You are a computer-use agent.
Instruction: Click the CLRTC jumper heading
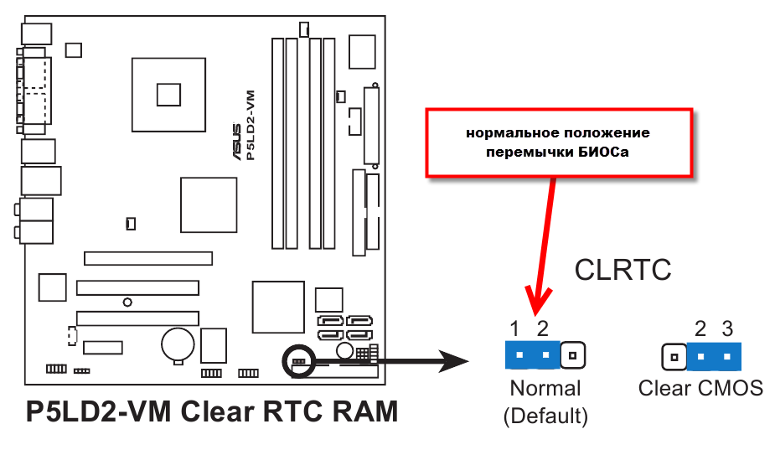tap(623, 270)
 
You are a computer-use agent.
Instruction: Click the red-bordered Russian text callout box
tap(559, 143)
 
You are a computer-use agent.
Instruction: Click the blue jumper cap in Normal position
tap(532, 355)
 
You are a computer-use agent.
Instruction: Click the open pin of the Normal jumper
tap(572, 355)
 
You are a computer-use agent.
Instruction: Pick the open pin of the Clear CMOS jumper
tap(674, 357)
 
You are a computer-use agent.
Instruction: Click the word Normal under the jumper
tap(545, 389)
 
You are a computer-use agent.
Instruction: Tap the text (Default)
tap(545, 415)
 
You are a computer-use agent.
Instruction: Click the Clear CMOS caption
tap(700, 389)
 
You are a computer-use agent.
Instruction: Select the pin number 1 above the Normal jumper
tap(516, 328)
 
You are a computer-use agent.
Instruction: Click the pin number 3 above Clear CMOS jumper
tap(727, 328)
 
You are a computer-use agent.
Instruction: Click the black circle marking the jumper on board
tap(298, 360)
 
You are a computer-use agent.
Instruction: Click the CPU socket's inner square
tap(168, 94)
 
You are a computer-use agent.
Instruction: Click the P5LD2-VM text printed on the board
tap(251, 125)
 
